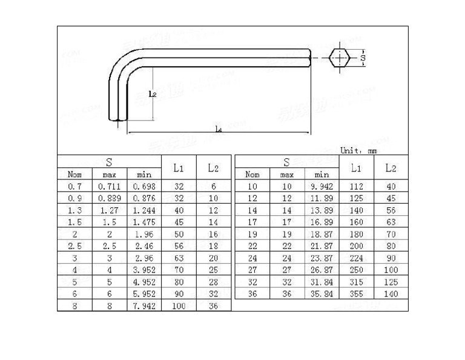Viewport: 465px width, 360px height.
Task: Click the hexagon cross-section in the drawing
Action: click(x=340, y=58)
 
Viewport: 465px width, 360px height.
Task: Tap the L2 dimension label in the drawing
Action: click(x=153, y=94)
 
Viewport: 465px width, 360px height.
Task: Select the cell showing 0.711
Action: click(x=110, y=187)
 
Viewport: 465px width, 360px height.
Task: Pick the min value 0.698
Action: click(x=144, y=187)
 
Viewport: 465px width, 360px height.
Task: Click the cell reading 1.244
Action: click(x=144, y=210)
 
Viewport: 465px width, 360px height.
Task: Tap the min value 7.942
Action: click(x=144, y=305)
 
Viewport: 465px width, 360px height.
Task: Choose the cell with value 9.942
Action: click(x=322, y=187)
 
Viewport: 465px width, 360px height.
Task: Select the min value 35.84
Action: click(x=322, y=294)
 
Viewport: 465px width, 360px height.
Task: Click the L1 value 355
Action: click(x=356, y=294)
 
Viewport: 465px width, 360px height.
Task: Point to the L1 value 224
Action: click(x=356, y=258)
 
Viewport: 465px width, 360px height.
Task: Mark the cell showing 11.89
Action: click(x=322, y=199)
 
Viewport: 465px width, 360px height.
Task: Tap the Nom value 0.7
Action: click(x=75, y=187)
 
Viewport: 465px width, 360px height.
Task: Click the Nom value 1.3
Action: click(x=75, y=210)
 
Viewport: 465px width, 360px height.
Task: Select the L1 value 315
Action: click(x=356, y=282)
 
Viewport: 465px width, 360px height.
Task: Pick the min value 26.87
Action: click(x=322, y=270)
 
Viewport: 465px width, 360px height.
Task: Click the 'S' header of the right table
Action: click(x=286, y=162)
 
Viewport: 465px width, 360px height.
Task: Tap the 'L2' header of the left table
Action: click(x=213, y=168)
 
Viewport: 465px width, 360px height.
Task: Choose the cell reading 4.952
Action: click(x=144, y=282)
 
